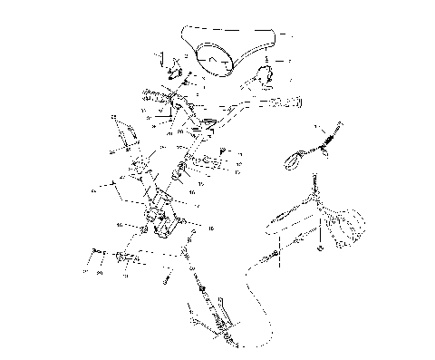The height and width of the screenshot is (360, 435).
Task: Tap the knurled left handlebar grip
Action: pyautogui.click(x=155, y=94)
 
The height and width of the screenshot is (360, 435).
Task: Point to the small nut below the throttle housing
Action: pyautogui.click(x=320, y=247)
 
